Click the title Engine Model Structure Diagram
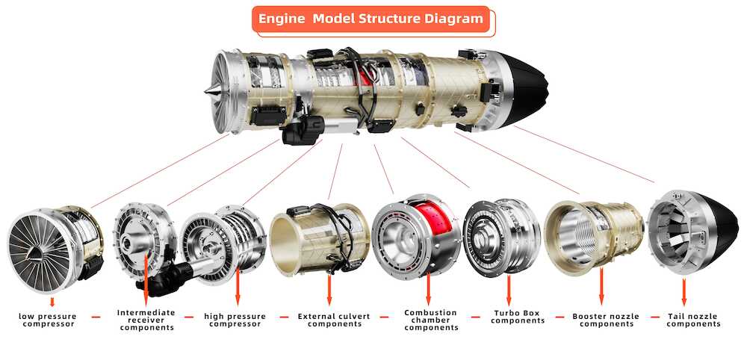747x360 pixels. [371, 19]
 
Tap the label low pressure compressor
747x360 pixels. [48, 320]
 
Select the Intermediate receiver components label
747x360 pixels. [146, 320]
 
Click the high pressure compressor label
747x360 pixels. [235, 320]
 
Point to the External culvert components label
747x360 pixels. [334, 320]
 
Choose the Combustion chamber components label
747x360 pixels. [431, 320]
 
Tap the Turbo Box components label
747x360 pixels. [518, 317]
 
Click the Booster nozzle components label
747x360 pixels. [606, 320]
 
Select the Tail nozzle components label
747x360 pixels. [693, 320]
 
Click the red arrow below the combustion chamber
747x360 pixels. [428, 288]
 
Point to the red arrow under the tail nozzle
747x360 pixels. [684, 292]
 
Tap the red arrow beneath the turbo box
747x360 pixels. [509, 290]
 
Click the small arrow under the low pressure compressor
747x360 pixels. [52, 302]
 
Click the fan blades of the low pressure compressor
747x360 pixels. [40, 251]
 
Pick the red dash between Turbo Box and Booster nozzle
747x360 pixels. [558, 317]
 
